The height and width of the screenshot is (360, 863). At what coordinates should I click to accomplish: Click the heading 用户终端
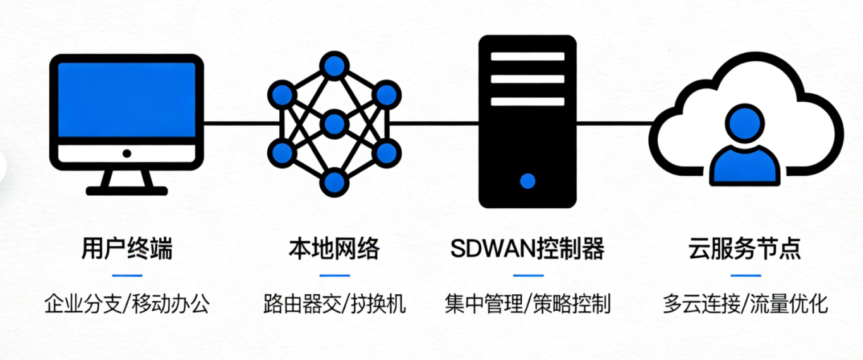(x=126, y=249)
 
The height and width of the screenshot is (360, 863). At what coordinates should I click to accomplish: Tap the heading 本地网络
(x=334, y=249)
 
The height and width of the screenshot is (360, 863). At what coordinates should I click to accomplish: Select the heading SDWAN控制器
(x=528, y=249)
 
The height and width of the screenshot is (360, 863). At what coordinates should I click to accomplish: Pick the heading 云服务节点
(x=745, y=249)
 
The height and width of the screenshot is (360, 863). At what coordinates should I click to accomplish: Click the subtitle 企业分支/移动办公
(x=126, y=304)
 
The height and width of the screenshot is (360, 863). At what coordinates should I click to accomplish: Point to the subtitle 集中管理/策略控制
(x=528, y=304)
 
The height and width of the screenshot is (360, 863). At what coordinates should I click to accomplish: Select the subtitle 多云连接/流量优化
(x=745, y=304)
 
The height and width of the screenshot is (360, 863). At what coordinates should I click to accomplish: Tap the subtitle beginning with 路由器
(x=334, y=304)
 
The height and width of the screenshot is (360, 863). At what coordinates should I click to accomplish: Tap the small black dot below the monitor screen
(x=127, y=153)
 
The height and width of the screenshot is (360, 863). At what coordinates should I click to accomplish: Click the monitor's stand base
(x=127, y=190)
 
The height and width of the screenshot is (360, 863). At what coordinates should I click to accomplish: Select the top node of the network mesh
(x=334, y=65)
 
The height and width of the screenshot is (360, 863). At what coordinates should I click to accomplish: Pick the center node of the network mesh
(x=334, y=123)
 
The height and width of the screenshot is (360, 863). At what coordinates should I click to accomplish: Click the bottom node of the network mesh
(x=334, y=182)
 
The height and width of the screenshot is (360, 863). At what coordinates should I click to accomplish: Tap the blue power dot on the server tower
(x=528, y=181)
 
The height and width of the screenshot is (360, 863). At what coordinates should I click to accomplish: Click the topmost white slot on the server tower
(x=528, y=56)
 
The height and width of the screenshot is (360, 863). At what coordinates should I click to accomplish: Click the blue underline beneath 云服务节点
(x=745, y=275)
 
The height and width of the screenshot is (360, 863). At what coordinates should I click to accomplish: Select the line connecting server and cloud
(x=613, y=123)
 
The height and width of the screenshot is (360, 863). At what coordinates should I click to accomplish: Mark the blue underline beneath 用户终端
(x=127, y=275)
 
